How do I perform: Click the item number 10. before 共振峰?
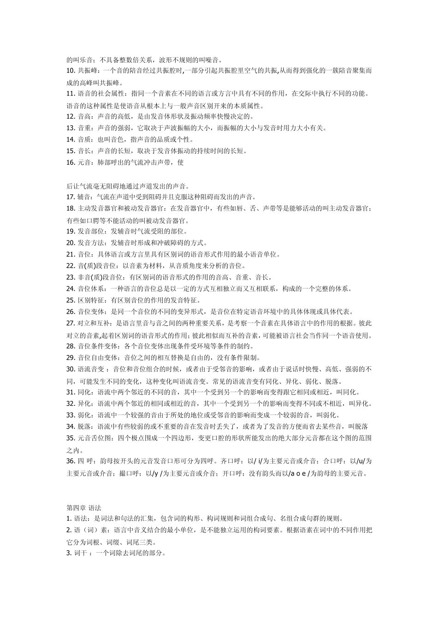click(x=71, y=71)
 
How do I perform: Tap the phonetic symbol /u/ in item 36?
click(x=361, y=461)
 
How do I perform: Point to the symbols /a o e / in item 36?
click(x=298, y=473)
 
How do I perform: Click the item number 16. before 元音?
click(x=71, y=162)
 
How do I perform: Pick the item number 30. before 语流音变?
click(x=71, y=369)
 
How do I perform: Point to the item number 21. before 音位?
click(x=71, y=254)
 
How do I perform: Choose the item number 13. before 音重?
click(x=71, y=128)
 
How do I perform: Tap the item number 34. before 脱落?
click(x=71, y=426)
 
